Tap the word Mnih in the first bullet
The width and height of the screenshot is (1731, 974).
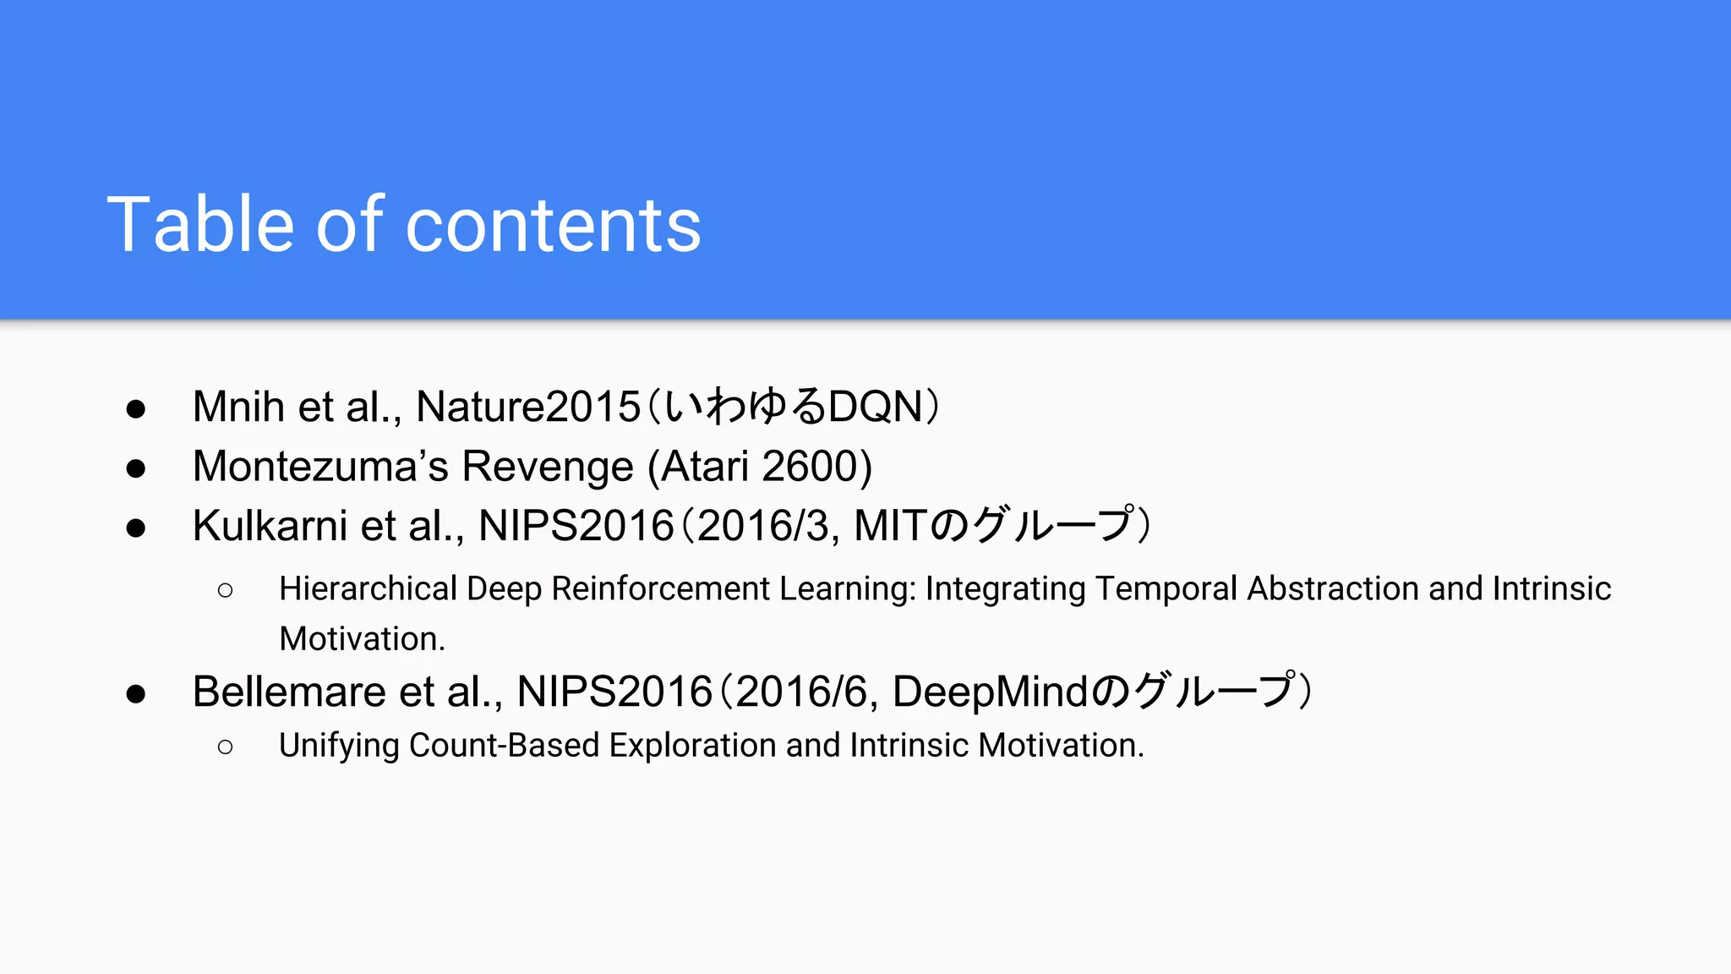(x=238, y=407)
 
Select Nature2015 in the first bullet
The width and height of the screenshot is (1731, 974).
(x=528, y=407)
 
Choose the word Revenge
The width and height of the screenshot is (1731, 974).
(x=548, y=467)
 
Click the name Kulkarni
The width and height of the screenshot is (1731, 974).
(x=270, y=526)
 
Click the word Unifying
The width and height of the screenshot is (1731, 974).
(x=339, y=746)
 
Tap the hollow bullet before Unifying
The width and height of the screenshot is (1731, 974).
(x=225, y=747)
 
